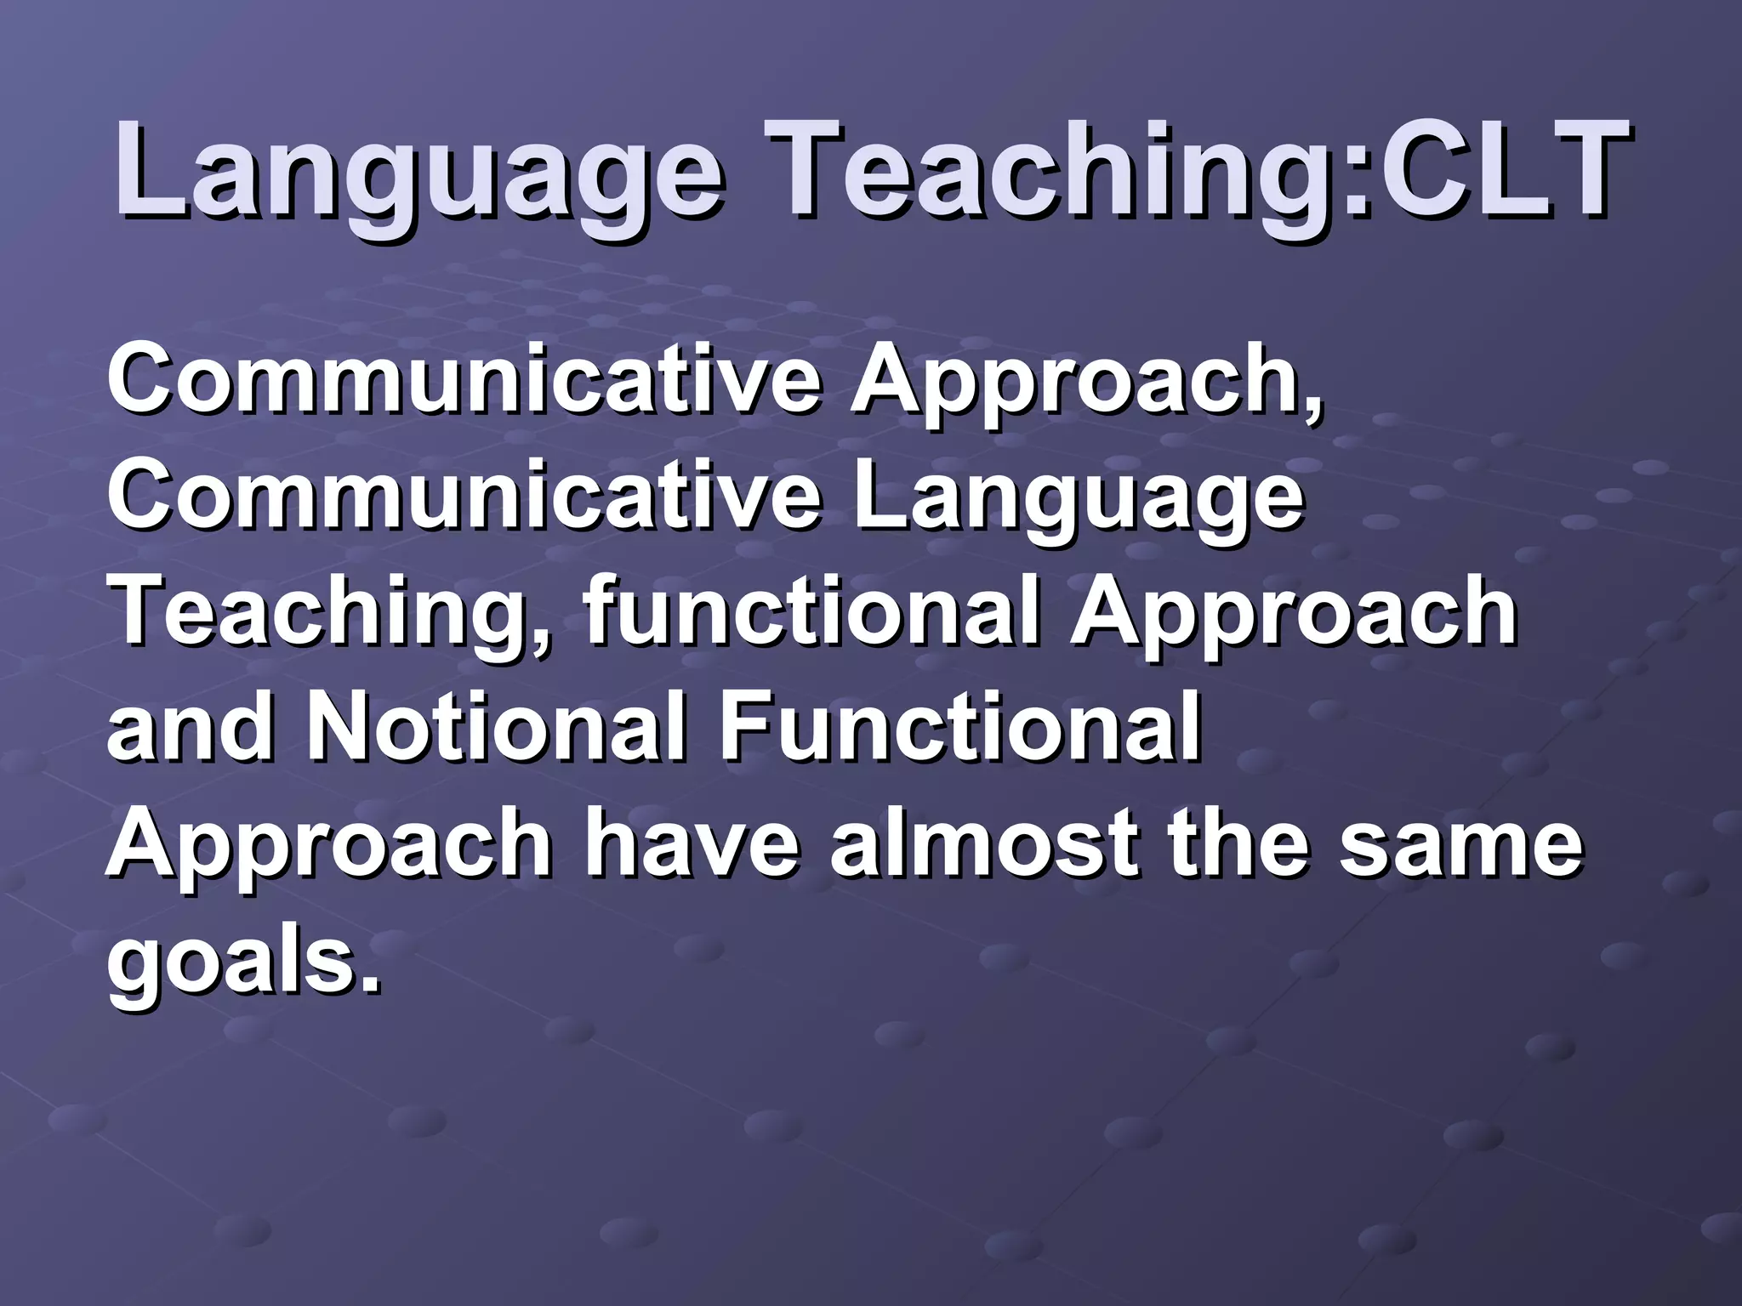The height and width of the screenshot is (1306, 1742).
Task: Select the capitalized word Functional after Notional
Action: [960, 727]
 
